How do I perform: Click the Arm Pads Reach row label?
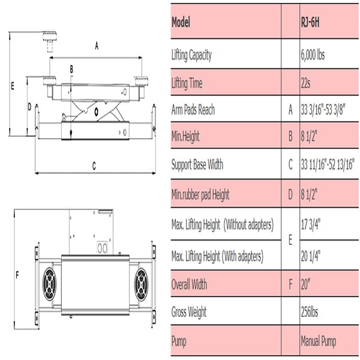click(x=193, y=110)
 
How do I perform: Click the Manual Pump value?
click(x=318, y=341)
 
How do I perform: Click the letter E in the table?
click(x=290, y=241)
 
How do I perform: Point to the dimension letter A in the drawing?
click(x=97, y=44)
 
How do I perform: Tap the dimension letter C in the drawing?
click(x=94, y=167)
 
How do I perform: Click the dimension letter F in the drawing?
click(x=17, y=275)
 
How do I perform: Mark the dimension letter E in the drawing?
click(x=12, y=86)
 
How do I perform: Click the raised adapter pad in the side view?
click(x=48, y=43)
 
